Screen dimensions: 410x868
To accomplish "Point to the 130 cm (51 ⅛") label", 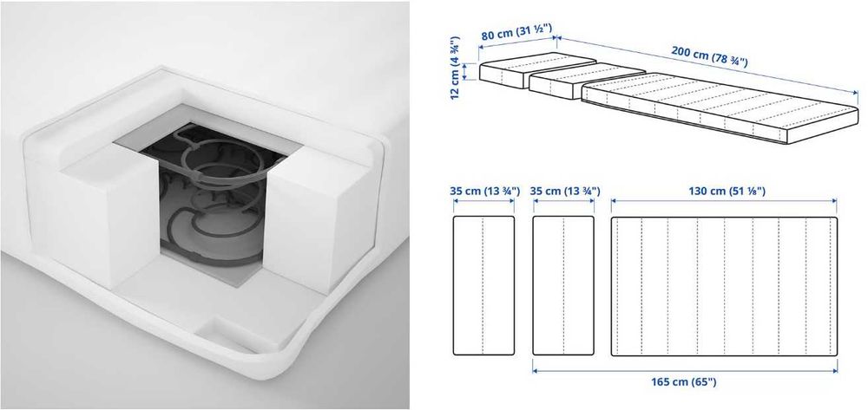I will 725,191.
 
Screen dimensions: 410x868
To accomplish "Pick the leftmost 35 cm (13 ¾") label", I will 483,191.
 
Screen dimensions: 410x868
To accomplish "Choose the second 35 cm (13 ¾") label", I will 562,191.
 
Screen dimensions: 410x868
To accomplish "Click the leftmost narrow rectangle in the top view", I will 483,286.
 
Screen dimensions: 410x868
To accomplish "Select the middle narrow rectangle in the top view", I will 562,286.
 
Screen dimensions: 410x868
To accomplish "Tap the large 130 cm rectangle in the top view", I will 725,286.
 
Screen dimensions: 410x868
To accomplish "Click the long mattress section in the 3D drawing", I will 712,108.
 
